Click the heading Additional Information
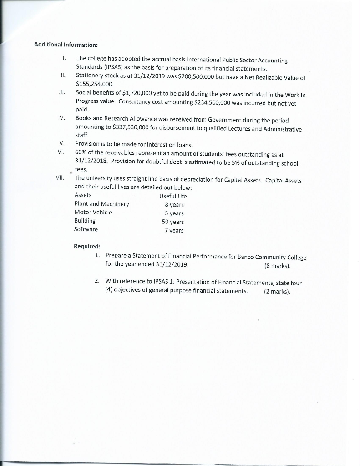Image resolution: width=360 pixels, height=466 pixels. click(66, 45)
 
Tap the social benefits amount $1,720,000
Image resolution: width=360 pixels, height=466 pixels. click(134, 93)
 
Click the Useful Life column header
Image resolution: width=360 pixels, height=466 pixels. click(173, 196)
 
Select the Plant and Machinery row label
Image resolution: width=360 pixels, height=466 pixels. click(101, 204)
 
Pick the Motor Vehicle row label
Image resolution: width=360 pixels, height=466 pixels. click(93, 213)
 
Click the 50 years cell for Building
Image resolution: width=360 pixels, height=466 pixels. click(173, 222)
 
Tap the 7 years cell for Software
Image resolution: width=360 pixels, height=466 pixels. click(174, 230)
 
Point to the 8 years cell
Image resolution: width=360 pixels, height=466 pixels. click(174, 205)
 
